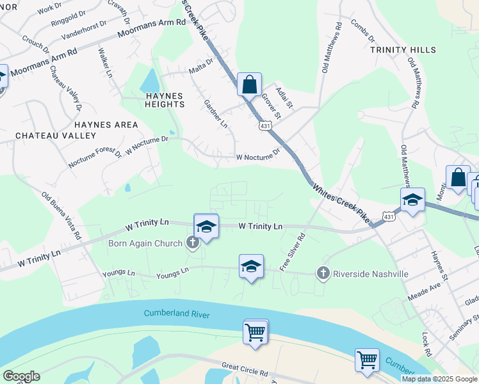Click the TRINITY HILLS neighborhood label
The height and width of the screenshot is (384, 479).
pos(403,50)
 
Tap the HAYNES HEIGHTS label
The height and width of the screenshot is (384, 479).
pos(160,101)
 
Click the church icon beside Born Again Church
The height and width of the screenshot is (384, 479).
pos(191,242)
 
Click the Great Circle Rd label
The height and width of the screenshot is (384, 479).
pos(245,369)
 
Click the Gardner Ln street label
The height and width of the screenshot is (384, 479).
pos(215,113)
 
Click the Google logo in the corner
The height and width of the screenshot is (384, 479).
pos(21,376)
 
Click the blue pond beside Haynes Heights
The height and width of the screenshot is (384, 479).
pos(150,81)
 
